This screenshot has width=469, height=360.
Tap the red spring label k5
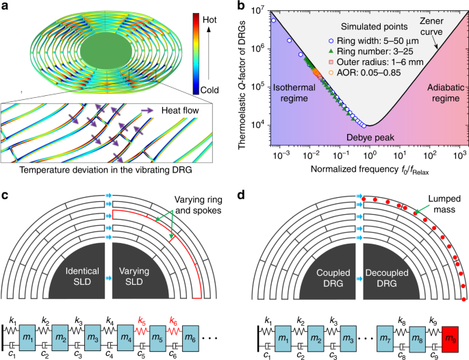click(x=142, y=320)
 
